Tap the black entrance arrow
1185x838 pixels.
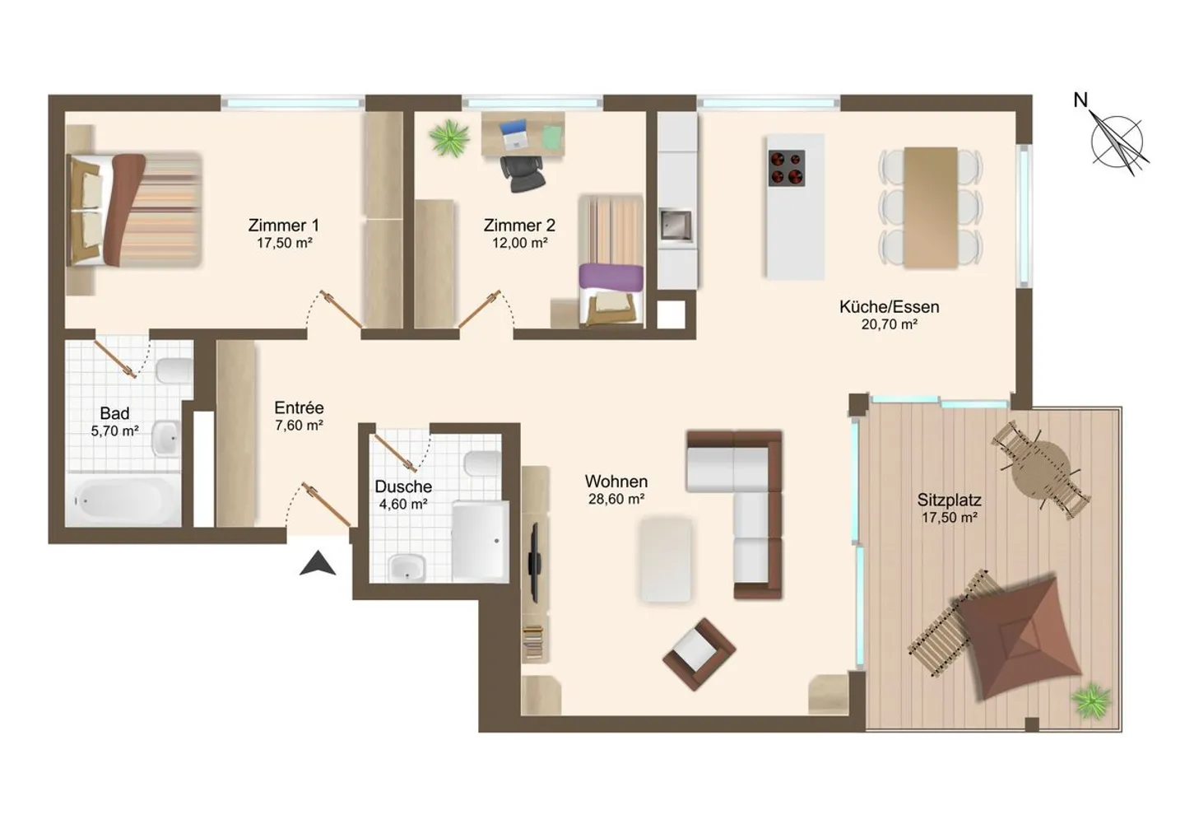tap(317, 564)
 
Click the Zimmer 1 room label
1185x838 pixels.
tap(283, 225)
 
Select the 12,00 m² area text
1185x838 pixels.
tap(519, 244)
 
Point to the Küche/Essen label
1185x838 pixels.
tap(889, 307)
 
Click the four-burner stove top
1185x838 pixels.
tap(786, 168)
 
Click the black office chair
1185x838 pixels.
tap(522, 172)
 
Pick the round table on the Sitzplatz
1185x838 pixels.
tap(1040, 468)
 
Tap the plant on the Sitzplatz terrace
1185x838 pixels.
tap(1092, 701)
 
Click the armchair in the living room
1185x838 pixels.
tap(699, 654)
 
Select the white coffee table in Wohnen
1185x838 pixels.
tap(666, 558)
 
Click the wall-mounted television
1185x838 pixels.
tap(534, 561)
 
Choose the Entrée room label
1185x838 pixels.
tap(299, 408)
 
